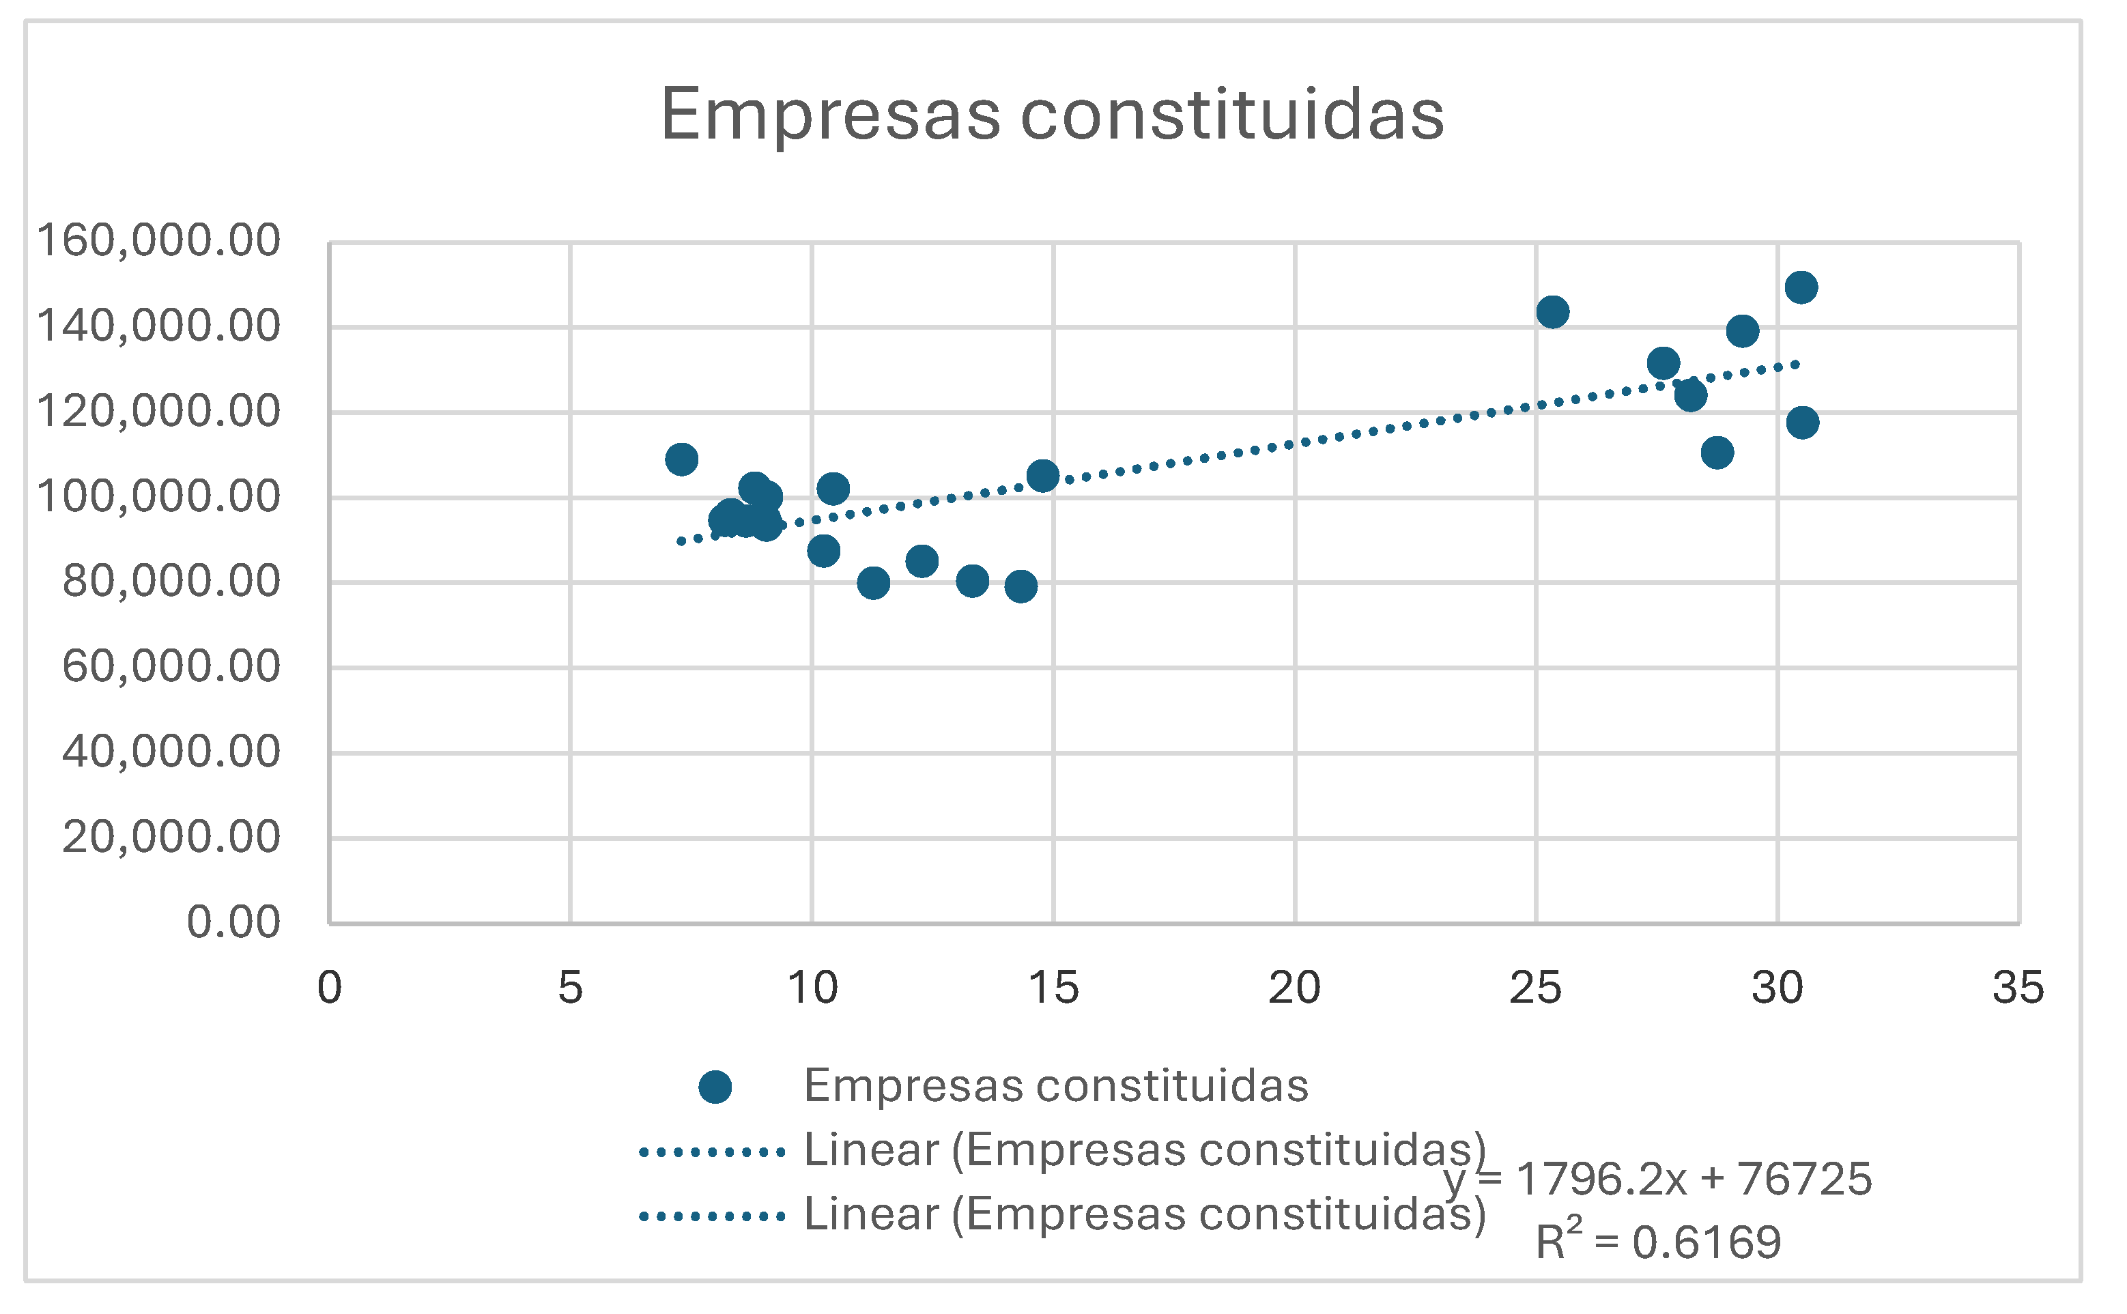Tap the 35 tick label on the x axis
point(2018,988)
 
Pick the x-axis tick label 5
point(570,988)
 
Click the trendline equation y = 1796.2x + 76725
point(1658,1180)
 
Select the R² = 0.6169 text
point(1658,1242)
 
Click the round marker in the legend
point(715,1086)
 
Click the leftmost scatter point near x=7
point(681,459)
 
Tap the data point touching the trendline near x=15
point(1042,475)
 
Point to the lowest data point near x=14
point(1021,586)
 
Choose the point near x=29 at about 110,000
point(1717,452)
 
